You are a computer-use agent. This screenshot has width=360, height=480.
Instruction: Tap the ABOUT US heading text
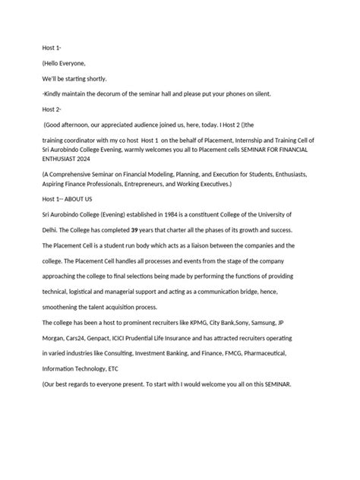(82, 198)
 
